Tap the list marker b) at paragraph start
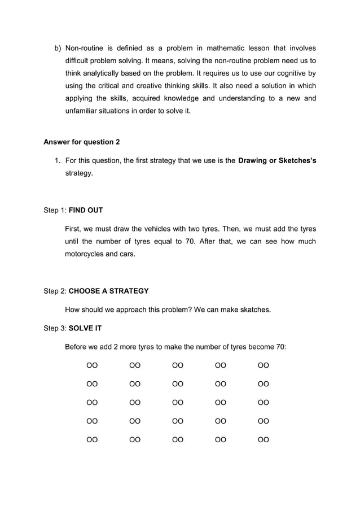(58, 48)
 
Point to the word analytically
(106, 73)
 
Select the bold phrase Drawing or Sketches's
(277, 161)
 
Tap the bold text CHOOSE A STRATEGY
(108, 291)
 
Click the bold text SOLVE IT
(85, 328)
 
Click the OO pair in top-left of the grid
(92, 365)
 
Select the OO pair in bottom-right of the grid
(264, 439)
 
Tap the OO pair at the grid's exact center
(178, 403)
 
